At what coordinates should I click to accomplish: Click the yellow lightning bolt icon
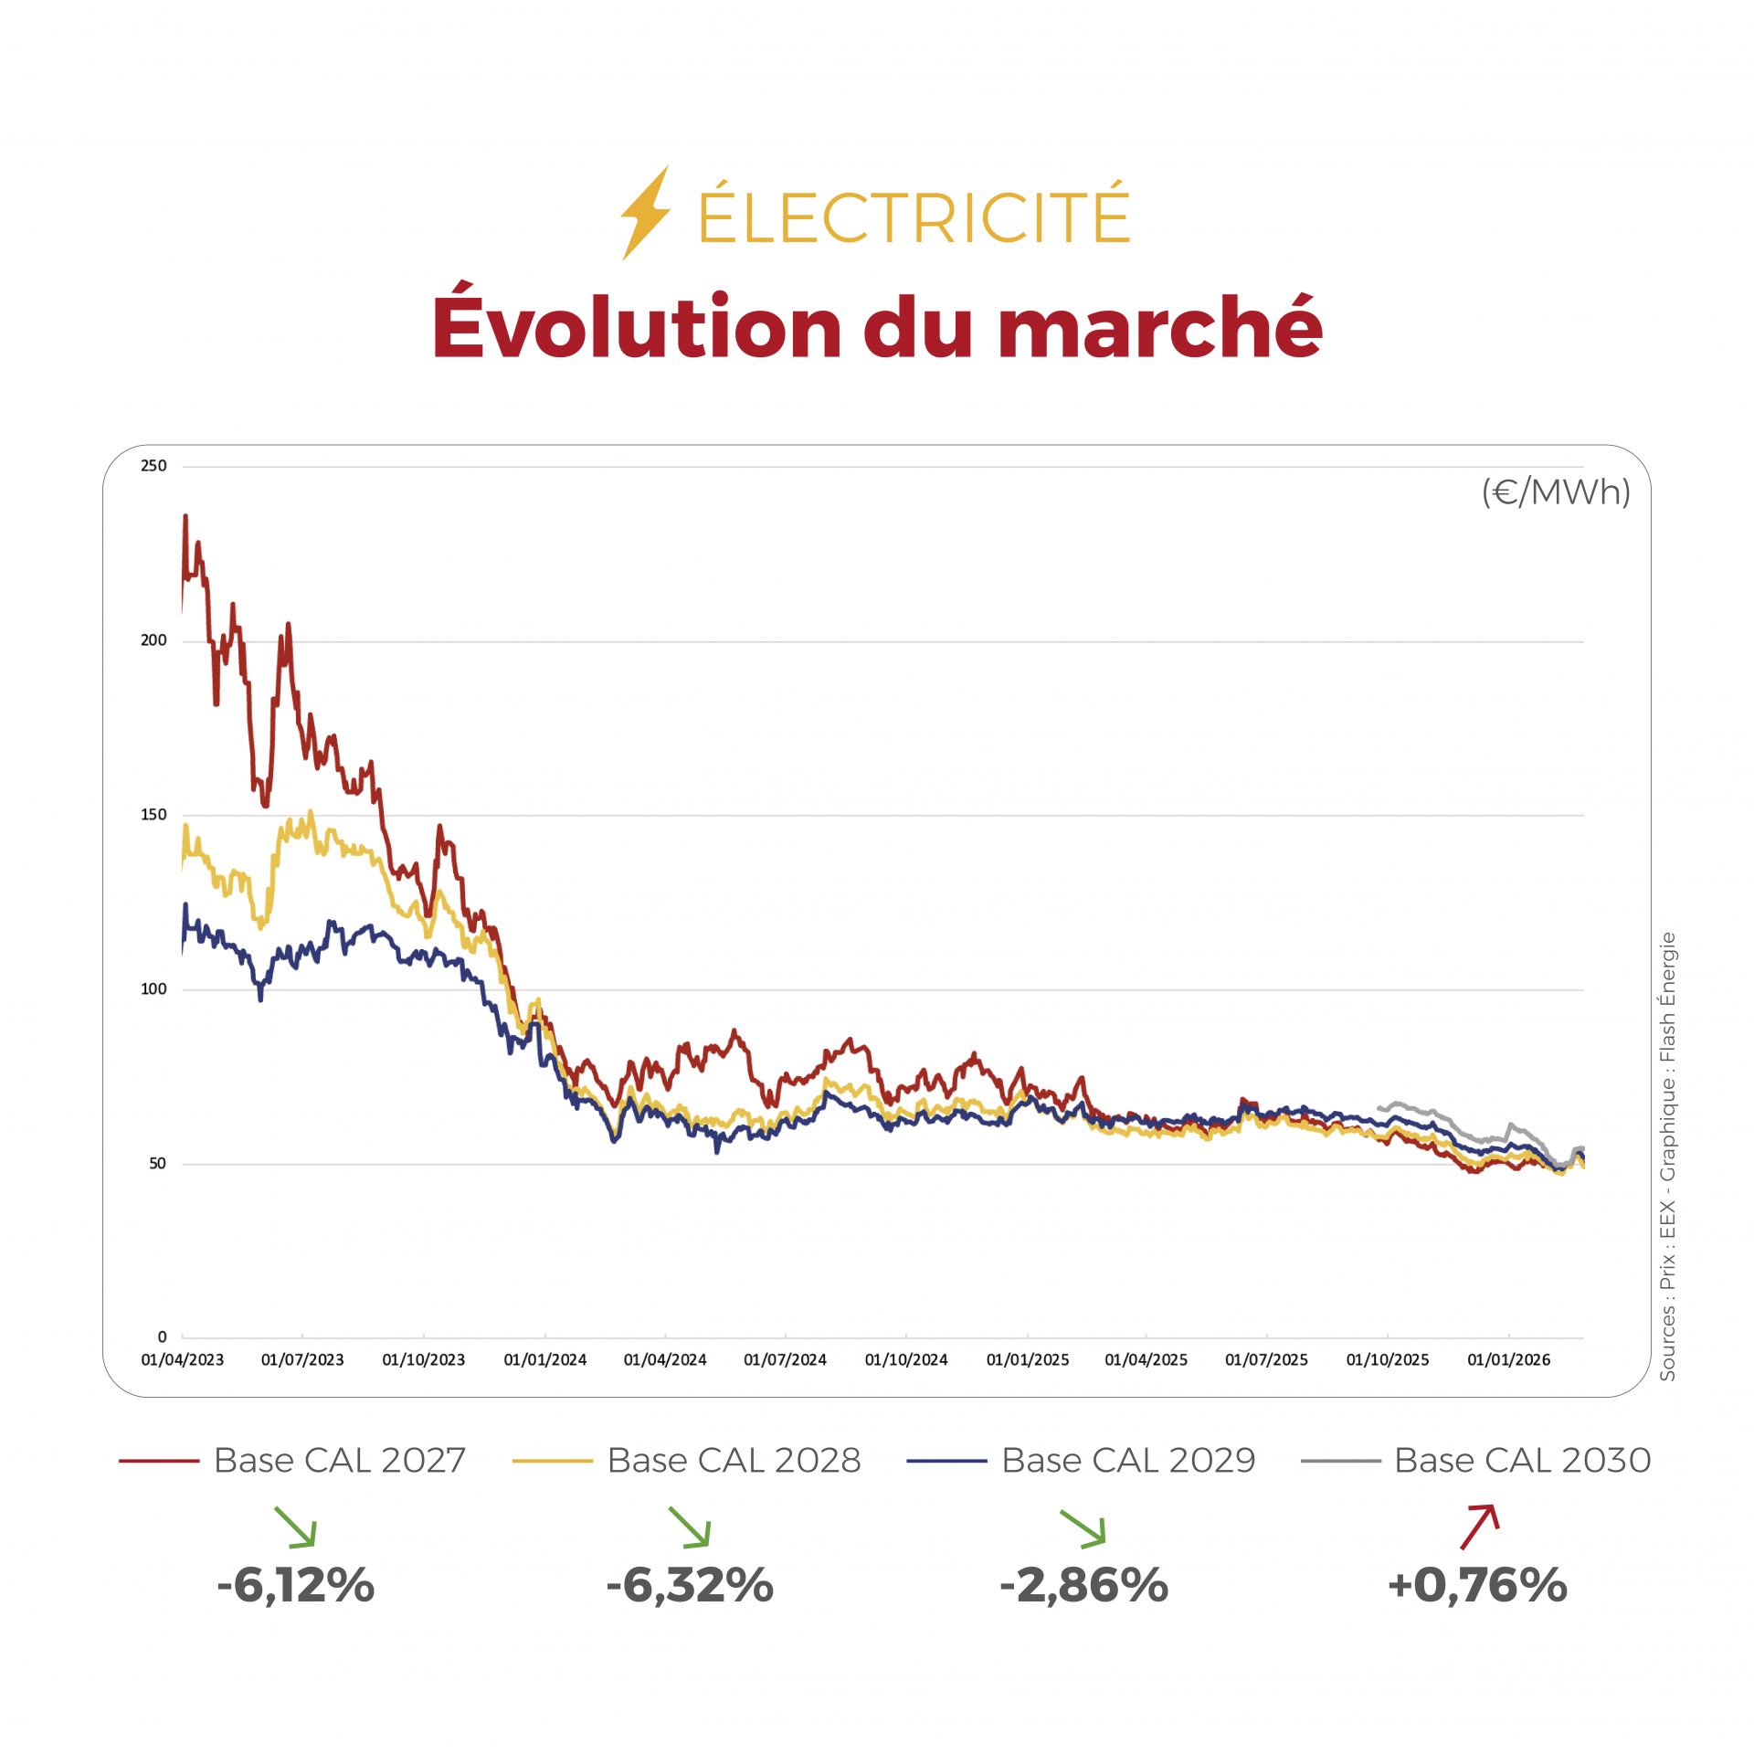[645, 214]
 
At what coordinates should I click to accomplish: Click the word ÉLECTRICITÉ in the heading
[914, 216]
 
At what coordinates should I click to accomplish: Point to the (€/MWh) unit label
[1555, 492]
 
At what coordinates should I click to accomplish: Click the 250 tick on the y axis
[153, 466]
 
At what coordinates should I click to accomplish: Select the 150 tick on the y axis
[153, 815]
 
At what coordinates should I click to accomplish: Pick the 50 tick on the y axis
[157, 1163]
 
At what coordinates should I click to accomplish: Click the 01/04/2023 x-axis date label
[182, 1360]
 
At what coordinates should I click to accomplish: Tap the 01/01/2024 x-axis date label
[544, 1360]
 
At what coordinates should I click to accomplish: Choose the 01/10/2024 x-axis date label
[906, 1360]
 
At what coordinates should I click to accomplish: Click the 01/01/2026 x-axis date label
[1508, 1360]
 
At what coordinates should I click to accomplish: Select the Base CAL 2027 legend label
[340, 1461]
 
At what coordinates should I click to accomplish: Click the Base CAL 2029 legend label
[1128, 1461]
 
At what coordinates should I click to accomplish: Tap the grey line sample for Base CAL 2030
[1340, 1462]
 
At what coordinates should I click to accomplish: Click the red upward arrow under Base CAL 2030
[1479, 1527]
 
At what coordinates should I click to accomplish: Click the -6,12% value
[296, 1585]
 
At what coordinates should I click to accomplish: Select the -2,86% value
[1083, 1585]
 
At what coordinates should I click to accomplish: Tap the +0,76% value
[1477, 1585]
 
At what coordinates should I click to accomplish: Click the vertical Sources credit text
[1668, 1156]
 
